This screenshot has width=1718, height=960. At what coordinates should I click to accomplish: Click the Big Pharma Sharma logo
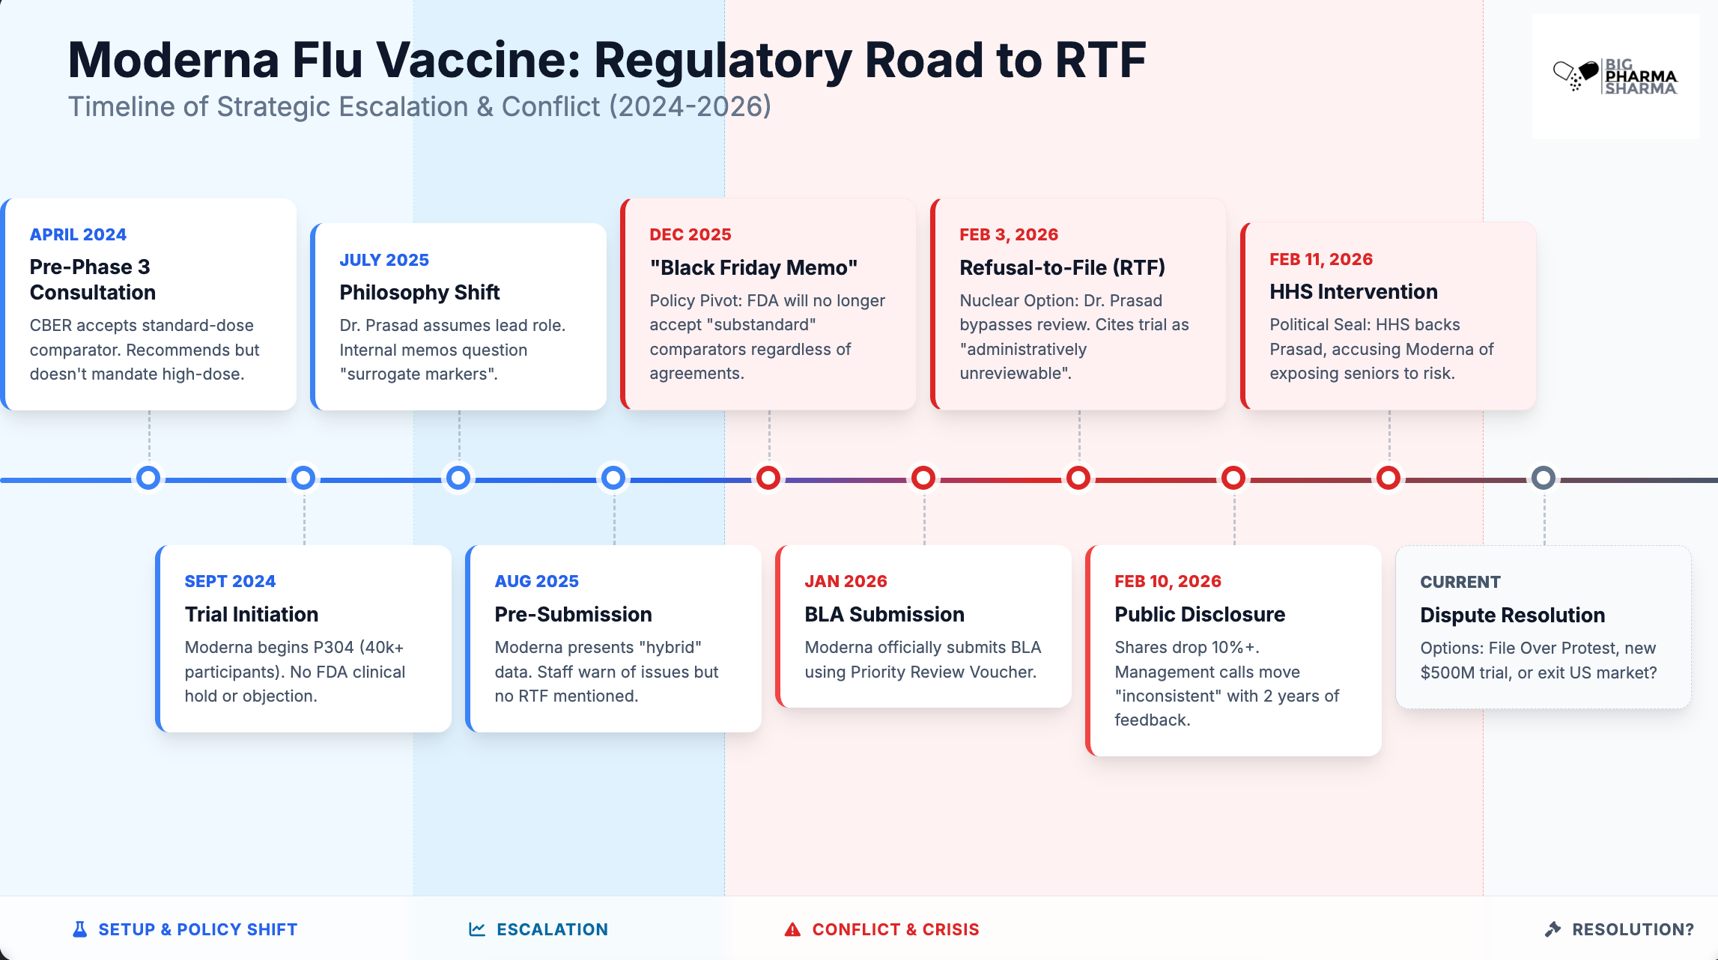point(1615,76)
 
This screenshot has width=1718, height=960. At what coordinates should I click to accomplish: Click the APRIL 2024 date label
point(78,234)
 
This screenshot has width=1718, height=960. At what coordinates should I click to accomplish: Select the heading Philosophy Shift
point(419,292)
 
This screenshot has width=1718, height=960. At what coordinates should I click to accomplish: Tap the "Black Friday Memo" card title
point(753,267)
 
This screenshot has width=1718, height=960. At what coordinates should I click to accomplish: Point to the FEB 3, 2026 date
point(1009,234)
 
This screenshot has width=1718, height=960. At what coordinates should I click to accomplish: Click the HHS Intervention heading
point(1353,291)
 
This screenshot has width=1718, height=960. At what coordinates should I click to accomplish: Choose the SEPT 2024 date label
point(230,581)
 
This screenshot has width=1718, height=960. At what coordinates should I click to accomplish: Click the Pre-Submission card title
point(573,614)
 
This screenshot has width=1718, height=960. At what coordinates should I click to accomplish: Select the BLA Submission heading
point(884,614)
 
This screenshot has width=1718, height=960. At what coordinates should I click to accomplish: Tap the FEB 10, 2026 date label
point(1168,581)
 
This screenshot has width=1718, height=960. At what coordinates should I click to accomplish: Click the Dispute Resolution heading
point(1512,615)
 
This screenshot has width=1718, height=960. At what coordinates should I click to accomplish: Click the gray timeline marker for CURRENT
point(1543,478)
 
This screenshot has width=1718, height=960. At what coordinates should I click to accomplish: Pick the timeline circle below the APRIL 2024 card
point(148,478)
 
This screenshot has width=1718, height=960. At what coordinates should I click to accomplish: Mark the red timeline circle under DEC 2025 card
point(768,478)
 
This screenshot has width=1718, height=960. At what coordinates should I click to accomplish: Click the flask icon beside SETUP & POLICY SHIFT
point(79,929)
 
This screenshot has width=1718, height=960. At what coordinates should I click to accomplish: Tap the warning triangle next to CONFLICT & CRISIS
point(792,929)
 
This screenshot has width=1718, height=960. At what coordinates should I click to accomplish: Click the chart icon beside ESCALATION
point(477,929)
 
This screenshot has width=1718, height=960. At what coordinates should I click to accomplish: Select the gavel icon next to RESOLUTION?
point(1553,929)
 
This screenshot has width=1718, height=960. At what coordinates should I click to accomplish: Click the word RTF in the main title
point(1100,60)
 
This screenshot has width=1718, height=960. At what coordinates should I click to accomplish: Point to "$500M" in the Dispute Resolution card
point(1447,672)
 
